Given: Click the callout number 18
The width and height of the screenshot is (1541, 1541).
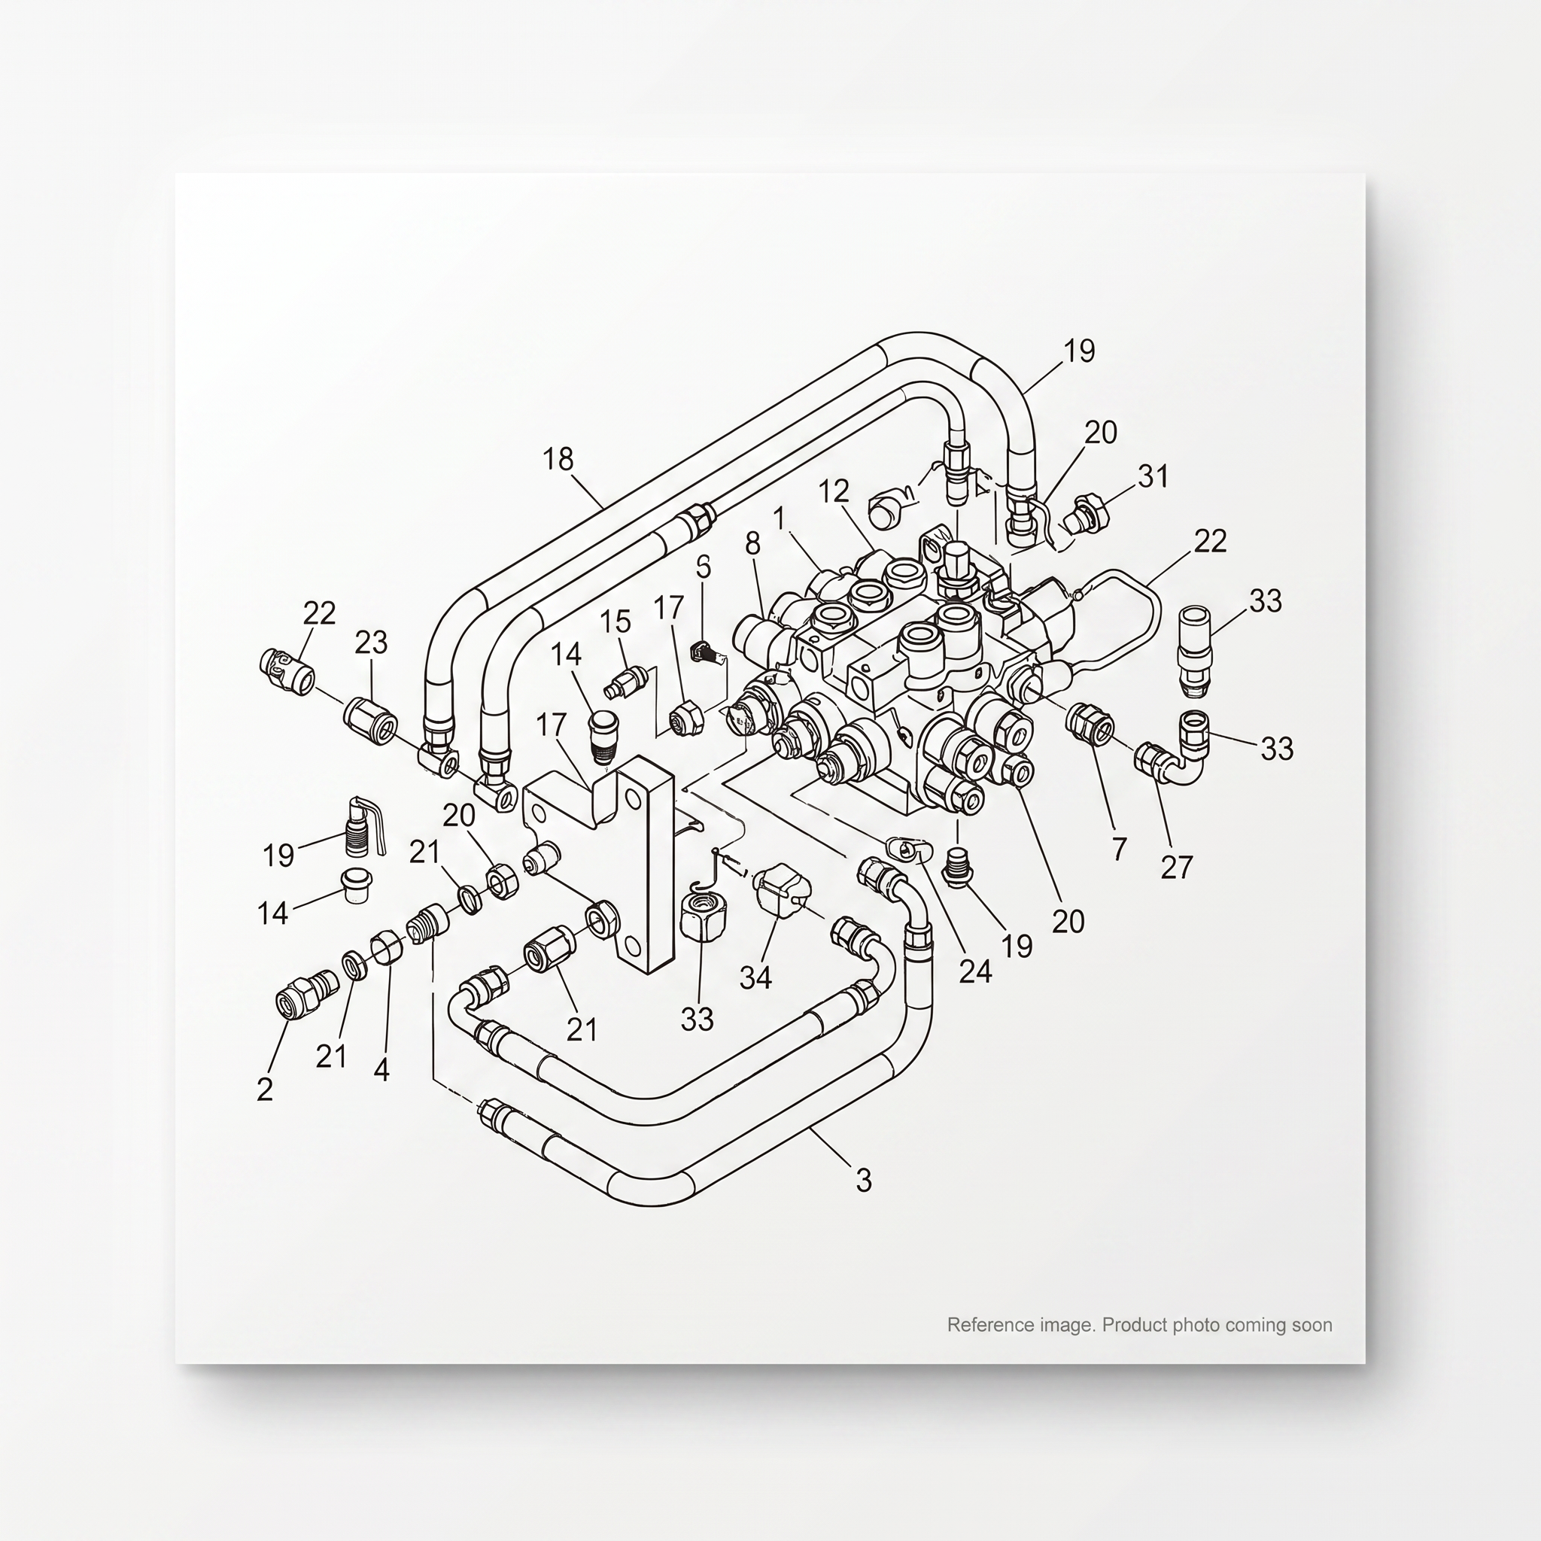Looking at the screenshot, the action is pyautogui.click(x=558, y=460).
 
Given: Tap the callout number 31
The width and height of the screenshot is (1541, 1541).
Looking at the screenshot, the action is pyautogui.click(x=1153, y=476).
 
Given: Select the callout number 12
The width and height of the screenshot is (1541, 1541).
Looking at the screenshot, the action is pyautogui.click(x=834, y=491).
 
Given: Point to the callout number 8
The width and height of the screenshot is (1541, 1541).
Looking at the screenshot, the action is pyautogui.click(x=753, y=544).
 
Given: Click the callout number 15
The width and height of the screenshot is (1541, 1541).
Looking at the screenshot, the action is pyautogui.click(x=615, y=622).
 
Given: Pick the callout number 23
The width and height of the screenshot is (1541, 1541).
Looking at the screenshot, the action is pyautogui.click(x=371, y=642).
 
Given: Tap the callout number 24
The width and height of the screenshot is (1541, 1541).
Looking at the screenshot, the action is pyautogui.click(x=974, y=971).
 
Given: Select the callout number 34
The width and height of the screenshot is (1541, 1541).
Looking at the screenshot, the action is pyautogui.click(x=755, y=977).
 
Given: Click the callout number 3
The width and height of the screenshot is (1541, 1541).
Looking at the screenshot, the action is pyautogui.click(x=864, y=1180).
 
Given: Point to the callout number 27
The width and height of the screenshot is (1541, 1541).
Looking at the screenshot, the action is pyautogui.click(x=1177, y=867).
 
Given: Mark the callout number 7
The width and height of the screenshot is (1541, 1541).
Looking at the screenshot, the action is pyautogui.click(x=1119, y=850).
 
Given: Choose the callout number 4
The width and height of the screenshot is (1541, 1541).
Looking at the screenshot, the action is pyautogui.click(x=381, y=1071).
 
